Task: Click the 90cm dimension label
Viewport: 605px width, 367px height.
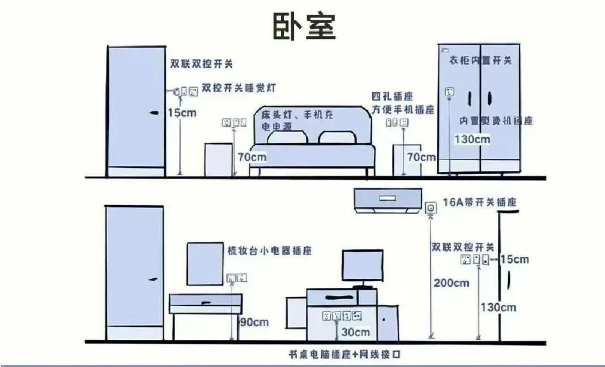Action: point(254,322)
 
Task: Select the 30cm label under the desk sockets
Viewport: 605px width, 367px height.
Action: point(355,332)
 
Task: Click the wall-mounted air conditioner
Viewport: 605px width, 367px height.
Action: point(388,199)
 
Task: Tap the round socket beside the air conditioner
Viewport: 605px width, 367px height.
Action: point(431,208)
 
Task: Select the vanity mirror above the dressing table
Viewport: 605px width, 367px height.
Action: point(204,264)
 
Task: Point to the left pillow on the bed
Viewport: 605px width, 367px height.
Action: point(288,137)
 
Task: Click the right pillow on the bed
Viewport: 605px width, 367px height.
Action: point(338,137)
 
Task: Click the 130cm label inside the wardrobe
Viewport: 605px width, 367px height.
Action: point(472,139)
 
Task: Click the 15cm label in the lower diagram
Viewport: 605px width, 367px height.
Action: point(514,260)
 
